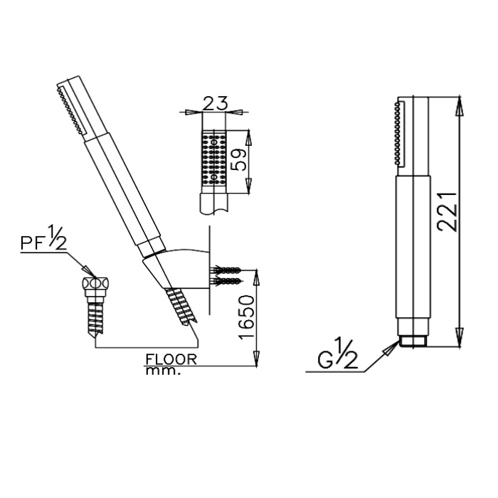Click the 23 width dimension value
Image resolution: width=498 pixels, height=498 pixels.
[215, 103]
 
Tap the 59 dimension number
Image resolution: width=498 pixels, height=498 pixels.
[239, 160]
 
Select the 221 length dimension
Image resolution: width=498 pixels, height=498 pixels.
[447, 211]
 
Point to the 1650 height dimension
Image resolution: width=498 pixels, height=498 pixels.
[247, 317]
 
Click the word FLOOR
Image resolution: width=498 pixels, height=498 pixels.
[171, 359]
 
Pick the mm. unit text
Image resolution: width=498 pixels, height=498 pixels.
[163, 371]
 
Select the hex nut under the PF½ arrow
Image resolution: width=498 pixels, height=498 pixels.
[95, 282]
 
